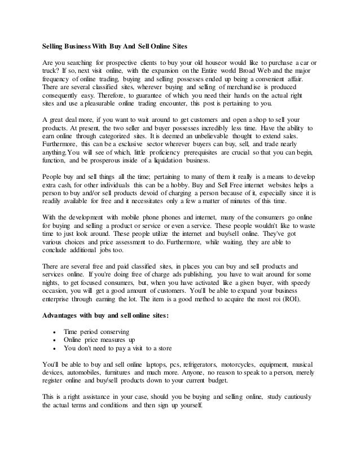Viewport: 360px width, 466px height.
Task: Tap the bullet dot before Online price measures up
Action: point(54,340)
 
